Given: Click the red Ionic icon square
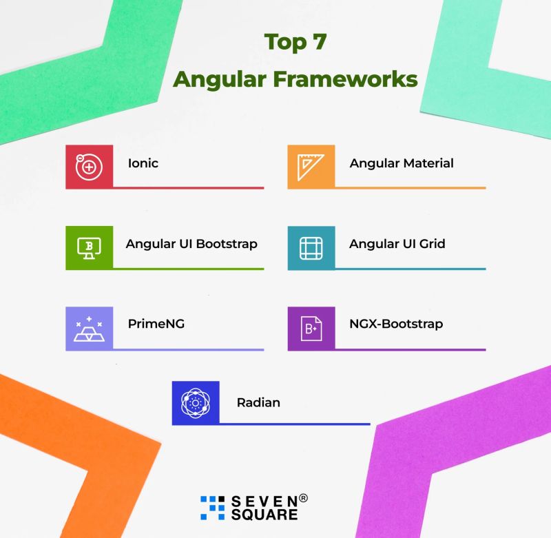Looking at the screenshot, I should click(x=89, y=166).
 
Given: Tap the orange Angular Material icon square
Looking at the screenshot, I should click(x=311, y=166).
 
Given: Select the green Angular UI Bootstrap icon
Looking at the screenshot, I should click(x=89, y=246).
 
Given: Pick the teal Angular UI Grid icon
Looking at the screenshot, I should click(x=311, y=247).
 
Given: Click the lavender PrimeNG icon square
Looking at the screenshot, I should click(x=89, y=327).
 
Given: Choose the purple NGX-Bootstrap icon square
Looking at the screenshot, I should click(x=311, y=327).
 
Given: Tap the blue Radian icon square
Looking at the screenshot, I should click(x=195, y=402).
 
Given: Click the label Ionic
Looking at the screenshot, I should click(x=143, y=163).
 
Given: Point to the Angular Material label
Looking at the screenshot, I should click(x=402, y=163).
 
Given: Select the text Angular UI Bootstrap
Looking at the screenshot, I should click(x=191, y=244).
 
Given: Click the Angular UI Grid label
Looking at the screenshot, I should click(x=397, y=244).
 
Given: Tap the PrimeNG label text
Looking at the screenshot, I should click(x=156, y=324).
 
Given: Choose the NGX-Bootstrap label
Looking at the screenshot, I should click(x=396, y=324).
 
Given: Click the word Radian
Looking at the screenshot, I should click(x=258, y=402).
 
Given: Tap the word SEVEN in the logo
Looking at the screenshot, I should click(x=263, y=501).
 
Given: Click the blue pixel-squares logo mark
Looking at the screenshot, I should click(x=212, y=507).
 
